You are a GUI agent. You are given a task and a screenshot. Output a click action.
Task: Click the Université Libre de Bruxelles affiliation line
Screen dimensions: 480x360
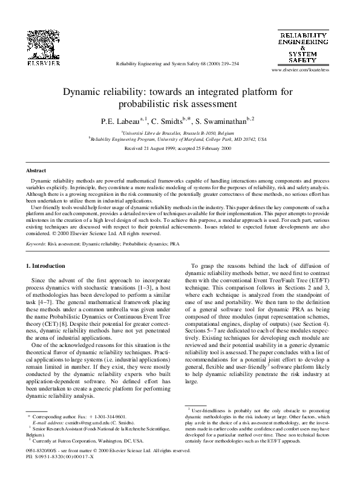(179, 132)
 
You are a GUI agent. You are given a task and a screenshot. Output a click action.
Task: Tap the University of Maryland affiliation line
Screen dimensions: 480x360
(179, 138)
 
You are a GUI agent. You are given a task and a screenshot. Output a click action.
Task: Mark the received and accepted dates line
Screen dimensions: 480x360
(179, 148)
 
